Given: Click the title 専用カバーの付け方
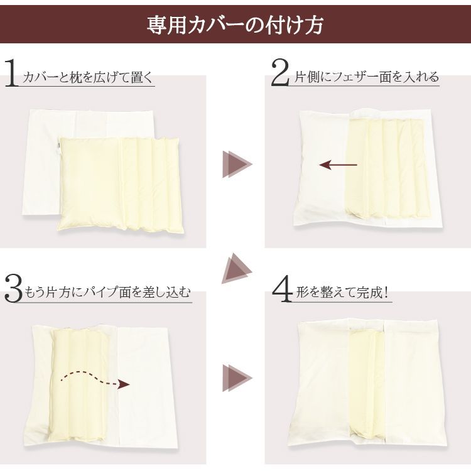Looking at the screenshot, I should click(x=235, y=25).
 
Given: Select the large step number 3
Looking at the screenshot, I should click(x=13, y=289).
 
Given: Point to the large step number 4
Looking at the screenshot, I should click(x=281, y=288).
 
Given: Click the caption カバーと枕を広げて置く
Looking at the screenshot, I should click(x=88, y=78).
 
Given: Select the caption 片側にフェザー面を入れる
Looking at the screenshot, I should click(x=367, y=78).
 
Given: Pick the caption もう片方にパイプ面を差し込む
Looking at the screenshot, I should click(x=107, y=293).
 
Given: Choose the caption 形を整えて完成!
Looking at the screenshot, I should click(x=342, y=293).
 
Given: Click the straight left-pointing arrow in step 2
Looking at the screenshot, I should click(x=338, y=165).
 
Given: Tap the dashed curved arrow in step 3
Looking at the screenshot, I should click(x=94, y=380).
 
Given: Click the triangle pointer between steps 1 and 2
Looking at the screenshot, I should click(x=236, y=165).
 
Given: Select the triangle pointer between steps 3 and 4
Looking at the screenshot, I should click(x=236, y=379).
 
